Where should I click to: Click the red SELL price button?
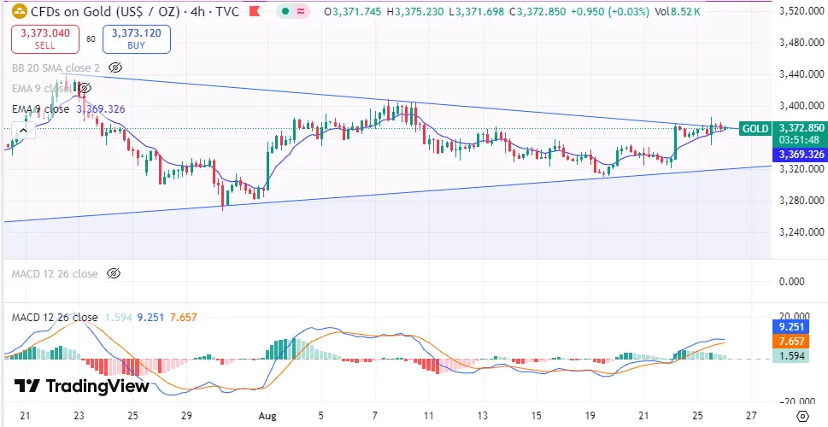tap(45, 38)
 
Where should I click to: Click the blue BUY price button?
tap(137, 38)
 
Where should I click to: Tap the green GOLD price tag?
tap(755, 128)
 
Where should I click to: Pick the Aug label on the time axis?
tap(266, 415)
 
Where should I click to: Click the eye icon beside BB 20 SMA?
tap(115, 67)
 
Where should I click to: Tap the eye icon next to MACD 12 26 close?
tap(114, 273)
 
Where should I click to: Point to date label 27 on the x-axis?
tap(749, 415)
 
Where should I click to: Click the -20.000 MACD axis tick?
tap(799, 400)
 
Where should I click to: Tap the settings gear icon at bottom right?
tap(802, 416)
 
